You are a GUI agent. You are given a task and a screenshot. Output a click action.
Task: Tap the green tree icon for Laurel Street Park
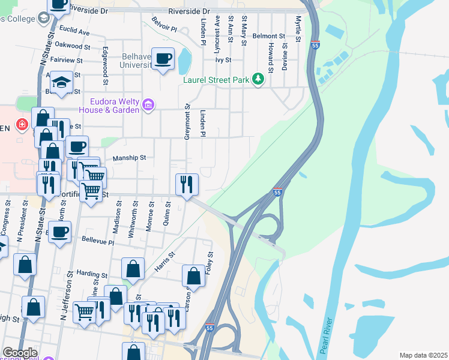pos(258,79)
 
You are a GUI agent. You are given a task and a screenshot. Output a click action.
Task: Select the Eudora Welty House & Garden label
pos(115,105)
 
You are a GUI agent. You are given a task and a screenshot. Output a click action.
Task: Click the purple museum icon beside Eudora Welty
pos(149,106)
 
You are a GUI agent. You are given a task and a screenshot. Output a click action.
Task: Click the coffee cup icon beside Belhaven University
pos(163,59)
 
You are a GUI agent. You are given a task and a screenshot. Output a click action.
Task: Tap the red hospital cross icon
pos(22,124)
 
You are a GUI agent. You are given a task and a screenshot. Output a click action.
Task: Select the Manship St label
pos(130,158)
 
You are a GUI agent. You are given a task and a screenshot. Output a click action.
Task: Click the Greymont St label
pos(187,123)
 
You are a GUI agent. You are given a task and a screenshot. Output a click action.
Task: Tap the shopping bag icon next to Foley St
pos(193,277)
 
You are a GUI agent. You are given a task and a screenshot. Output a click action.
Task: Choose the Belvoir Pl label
pos(164,28)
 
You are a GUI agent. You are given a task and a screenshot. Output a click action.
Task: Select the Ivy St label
pos(223,60)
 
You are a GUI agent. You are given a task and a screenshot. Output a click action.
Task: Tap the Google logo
pos(20,352)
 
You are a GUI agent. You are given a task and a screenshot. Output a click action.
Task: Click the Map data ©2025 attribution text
pos(423,355)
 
